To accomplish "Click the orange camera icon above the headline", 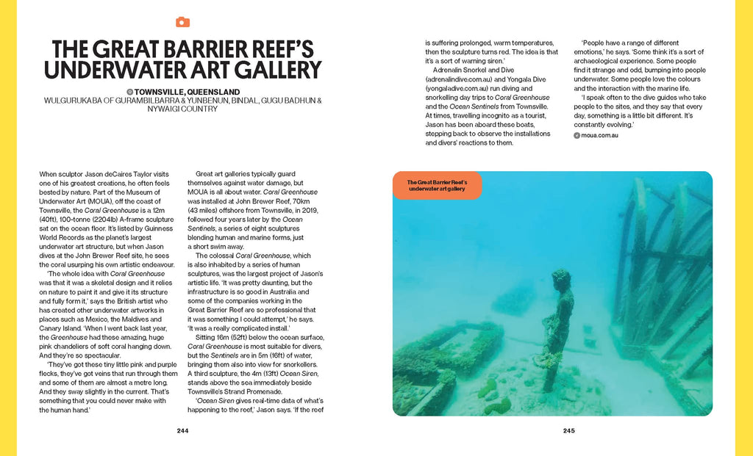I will coord(182,22).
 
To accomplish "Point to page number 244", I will coord(183,431).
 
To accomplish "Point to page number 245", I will coord(569,431).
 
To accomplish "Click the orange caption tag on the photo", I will coord(438,185).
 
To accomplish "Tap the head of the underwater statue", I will coord(561,279).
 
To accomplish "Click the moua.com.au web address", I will coord(599,135).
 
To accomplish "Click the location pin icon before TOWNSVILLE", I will coord(129,92).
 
